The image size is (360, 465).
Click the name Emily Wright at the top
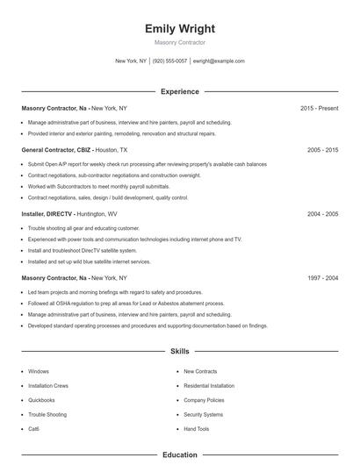(x=180, y=28)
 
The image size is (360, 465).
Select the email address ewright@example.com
(x=219, y=61)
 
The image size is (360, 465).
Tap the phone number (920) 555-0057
(x=170, y=61)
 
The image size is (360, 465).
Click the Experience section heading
(x=180, y=91)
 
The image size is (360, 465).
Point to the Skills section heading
(x=180, y=351)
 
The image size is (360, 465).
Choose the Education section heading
(x=180, y=455)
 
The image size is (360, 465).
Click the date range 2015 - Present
(x=319, y=108)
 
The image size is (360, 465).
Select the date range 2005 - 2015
(x=322, y=150)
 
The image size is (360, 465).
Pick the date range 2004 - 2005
(x=322, y=213)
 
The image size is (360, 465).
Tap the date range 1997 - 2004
(x=322, y=277)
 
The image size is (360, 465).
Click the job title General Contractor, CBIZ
(x=54, y=150)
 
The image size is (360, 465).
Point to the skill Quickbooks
(x=41, y=400)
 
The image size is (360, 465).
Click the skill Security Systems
(x=203, y=414)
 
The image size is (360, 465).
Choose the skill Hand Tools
(x=197, y=428)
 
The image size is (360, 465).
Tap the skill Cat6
(x=34, y=428)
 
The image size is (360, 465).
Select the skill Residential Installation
(x=209, y=385)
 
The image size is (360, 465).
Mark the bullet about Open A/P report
(x=148, y=164)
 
